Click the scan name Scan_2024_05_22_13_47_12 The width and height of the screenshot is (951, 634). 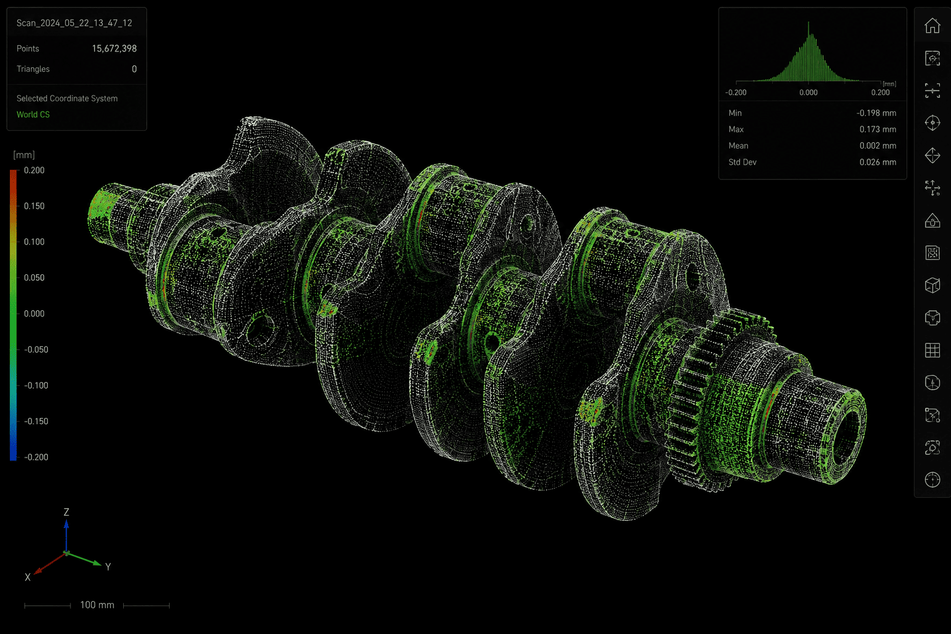coord(74,23)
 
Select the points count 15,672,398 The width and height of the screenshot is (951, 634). coord(114,48)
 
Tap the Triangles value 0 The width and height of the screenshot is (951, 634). coord(134,69)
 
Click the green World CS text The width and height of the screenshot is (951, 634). coord(33,115)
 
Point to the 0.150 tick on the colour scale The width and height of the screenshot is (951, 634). coord(34,206)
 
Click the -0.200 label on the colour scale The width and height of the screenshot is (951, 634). coord(36,458)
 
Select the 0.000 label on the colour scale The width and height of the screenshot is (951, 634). coord(34,314)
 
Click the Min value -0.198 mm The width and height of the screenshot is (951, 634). coord(876,113)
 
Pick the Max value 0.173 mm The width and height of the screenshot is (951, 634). coord(878,129)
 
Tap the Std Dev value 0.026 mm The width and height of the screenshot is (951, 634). coord(878,162)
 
